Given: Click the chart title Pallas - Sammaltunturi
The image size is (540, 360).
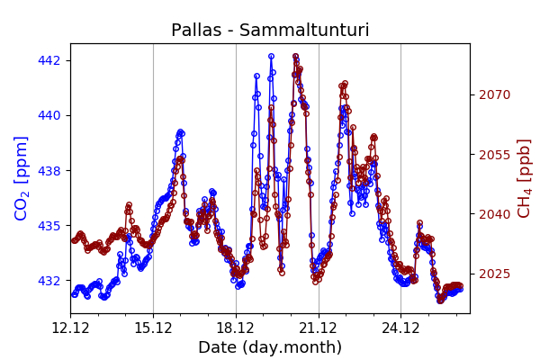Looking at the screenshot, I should (x=270, y=31).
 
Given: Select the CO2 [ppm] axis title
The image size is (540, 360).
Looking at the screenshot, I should (x=22, y=177).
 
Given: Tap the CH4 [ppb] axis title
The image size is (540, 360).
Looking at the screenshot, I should (x=525, y=177).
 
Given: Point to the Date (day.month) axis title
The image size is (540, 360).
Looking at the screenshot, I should (x=270, y=347).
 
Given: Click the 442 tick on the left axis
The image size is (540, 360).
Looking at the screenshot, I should (x=49, y=60).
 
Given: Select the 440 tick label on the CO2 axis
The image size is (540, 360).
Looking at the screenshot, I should (x=49, y=115).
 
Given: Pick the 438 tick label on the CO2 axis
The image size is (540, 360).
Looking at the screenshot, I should (x=49, y=170).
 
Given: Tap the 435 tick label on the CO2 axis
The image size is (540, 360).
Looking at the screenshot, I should (x=49, y=225).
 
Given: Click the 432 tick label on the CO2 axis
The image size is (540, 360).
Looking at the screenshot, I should (x=49, y=280).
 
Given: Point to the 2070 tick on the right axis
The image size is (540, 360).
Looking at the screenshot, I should (x=493, y=94).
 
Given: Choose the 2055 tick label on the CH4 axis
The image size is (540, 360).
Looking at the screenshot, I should (x=493, y=155).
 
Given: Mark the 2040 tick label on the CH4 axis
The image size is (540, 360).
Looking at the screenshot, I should (x=493, y=214).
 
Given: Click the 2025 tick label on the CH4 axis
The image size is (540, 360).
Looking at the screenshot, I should (x=493, y=274).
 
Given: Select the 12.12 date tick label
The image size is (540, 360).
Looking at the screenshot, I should (x=70, y=328).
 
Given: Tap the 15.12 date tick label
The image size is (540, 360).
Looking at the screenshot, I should (x=153, y=328).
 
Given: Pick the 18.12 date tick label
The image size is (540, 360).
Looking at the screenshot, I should (x=236, y=328).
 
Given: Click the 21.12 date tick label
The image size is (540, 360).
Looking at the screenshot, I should (x=319, y=328).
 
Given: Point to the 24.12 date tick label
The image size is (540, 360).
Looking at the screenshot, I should (x=401, y=328).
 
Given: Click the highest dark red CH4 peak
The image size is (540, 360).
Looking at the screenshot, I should (x=295, y=56).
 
